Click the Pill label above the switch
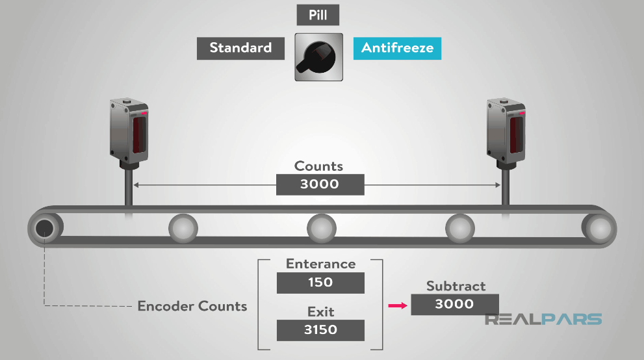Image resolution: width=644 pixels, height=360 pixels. click(318, 15)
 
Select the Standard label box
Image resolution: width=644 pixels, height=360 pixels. click(240, 48)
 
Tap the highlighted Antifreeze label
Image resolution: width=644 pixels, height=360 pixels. click(397, 48)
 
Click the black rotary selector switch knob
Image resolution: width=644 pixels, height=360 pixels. click(318, 57)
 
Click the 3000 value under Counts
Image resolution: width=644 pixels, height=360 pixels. click(320, 184)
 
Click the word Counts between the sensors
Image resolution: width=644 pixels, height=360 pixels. click(318, 166)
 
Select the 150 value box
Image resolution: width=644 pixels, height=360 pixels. click(320, 283)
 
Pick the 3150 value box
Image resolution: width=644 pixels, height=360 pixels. click(320, 329)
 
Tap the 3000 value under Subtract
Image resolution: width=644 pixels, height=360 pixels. click(454, 304)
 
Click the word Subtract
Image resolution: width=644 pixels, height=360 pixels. click(456, 286)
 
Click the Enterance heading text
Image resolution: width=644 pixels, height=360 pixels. click(320, 264)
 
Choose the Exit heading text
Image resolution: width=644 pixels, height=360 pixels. click(320, 312)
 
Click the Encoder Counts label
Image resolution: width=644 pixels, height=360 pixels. click(192, 306)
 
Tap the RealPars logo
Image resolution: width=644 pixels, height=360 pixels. click(543, 319)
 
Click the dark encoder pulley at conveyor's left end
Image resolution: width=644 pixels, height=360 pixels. click(44, 228)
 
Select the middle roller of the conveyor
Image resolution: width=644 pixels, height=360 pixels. click(322, 228)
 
